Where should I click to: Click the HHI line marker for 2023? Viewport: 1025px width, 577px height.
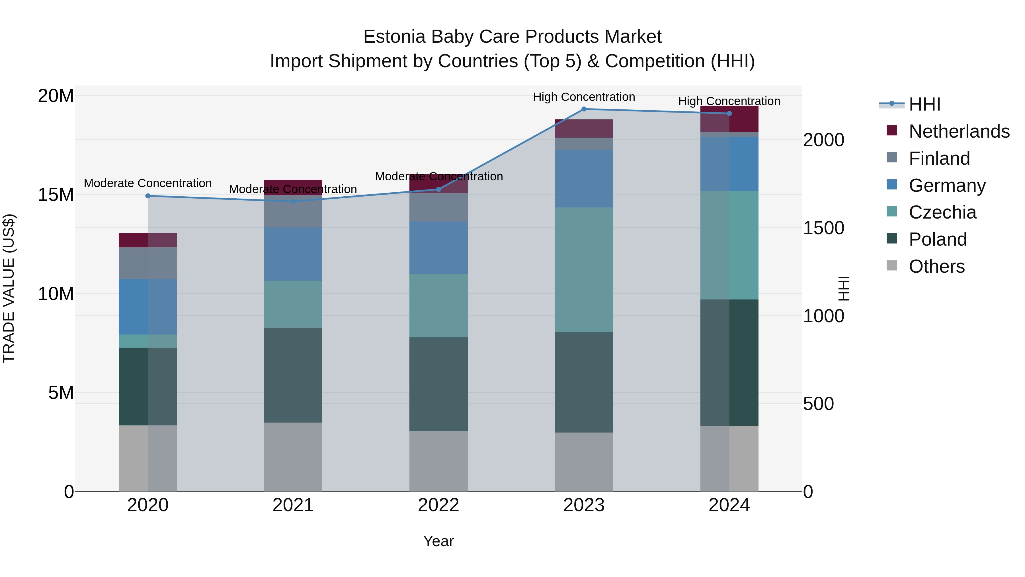[x=584, y=109]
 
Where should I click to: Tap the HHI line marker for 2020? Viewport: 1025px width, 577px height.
[x=147, y=196]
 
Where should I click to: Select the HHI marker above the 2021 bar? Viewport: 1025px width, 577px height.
[x=293, y=201]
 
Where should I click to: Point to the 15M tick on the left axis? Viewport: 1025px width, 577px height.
[x=56, y=195]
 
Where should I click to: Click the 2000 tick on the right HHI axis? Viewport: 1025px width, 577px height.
[x=823, y=140]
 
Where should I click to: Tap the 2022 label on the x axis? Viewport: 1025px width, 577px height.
[x=438, y=505]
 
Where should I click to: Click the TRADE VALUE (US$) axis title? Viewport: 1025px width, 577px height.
[x=9, y=288]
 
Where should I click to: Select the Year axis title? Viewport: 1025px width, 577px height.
[x=438, y=541]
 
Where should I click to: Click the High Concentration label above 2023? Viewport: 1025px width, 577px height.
[x=584, y=97]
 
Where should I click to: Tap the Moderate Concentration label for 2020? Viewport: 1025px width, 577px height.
[x=147, y=183]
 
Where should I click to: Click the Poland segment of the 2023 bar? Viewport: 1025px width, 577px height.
[x=584, y=382]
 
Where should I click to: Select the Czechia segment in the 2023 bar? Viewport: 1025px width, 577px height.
[x=584, y=270]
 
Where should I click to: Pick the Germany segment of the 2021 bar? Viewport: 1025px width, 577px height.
[x=293, y=254]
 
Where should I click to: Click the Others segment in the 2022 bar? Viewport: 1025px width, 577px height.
[x=438, y=461]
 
